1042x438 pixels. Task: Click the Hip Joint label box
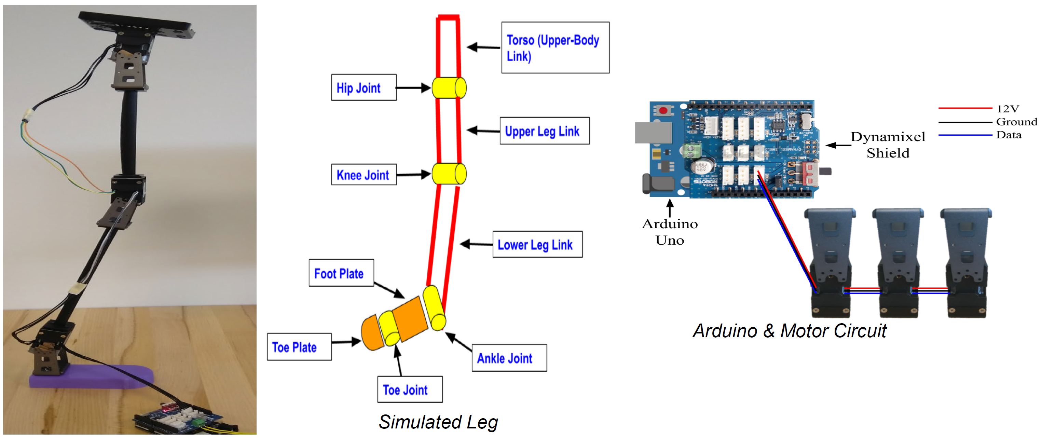click(363, 88)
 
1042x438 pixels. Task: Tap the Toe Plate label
click(299, 347)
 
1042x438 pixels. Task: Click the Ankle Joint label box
click(509, 358)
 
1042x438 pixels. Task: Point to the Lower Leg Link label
click(537, 244)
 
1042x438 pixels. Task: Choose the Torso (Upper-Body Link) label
click(555, 48)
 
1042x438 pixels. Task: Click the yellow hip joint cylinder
click(449, 88)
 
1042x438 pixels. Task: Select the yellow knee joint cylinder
click(449, 174)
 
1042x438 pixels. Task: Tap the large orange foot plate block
click(409, 319)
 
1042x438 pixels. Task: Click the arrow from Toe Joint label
click(398, 361)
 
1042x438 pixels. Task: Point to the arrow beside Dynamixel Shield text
click(837, 145)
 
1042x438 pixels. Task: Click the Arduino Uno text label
click(670, 232)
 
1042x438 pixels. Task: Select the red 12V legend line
click(965, 108)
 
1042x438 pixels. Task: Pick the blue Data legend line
click(965, 135)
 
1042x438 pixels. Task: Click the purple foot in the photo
click(91, 376)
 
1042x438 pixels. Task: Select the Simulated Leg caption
click(438, 422)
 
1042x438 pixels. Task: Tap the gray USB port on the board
click(653, 133)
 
